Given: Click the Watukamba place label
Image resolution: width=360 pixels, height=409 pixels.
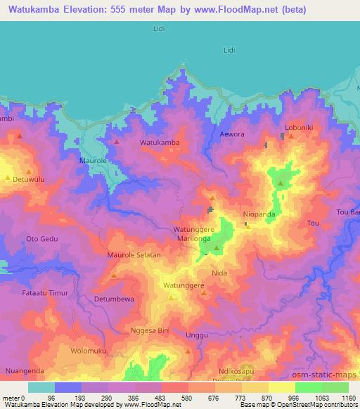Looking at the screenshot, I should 160,143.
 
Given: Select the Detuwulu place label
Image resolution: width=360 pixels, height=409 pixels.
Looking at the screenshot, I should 29,180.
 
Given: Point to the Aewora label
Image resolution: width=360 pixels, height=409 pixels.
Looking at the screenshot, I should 232,134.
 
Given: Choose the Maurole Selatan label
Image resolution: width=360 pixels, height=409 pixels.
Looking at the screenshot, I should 134,255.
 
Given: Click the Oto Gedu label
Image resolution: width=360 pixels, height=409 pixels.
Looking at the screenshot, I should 41,239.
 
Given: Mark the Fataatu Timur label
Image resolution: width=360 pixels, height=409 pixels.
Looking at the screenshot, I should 44,292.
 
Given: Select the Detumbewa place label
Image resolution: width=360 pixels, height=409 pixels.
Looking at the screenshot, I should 114,299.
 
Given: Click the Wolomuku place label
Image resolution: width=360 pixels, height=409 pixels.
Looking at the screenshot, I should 88,350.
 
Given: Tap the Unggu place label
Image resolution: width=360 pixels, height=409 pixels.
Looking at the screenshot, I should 197,336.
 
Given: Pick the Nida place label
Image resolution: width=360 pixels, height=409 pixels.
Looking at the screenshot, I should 219,271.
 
